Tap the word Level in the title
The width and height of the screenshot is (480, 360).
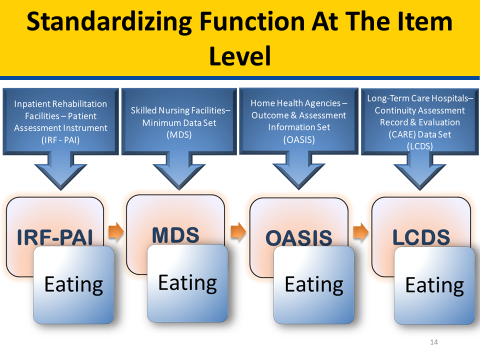pyautogui.click(x=239, y=57)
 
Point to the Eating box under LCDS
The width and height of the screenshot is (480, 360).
pyautogui.click(x=433, y=286)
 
